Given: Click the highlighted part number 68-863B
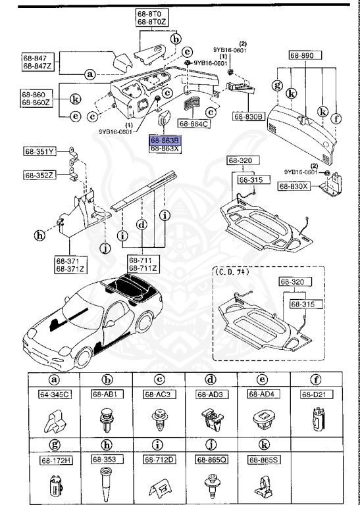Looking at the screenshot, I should pyautogui.click(x=165, y=141).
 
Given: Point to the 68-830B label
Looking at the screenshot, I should pyautogui.click(x=247, y=117).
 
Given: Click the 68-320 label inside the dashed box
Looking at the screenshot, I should pyautogui.click(x=294, y=282).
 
